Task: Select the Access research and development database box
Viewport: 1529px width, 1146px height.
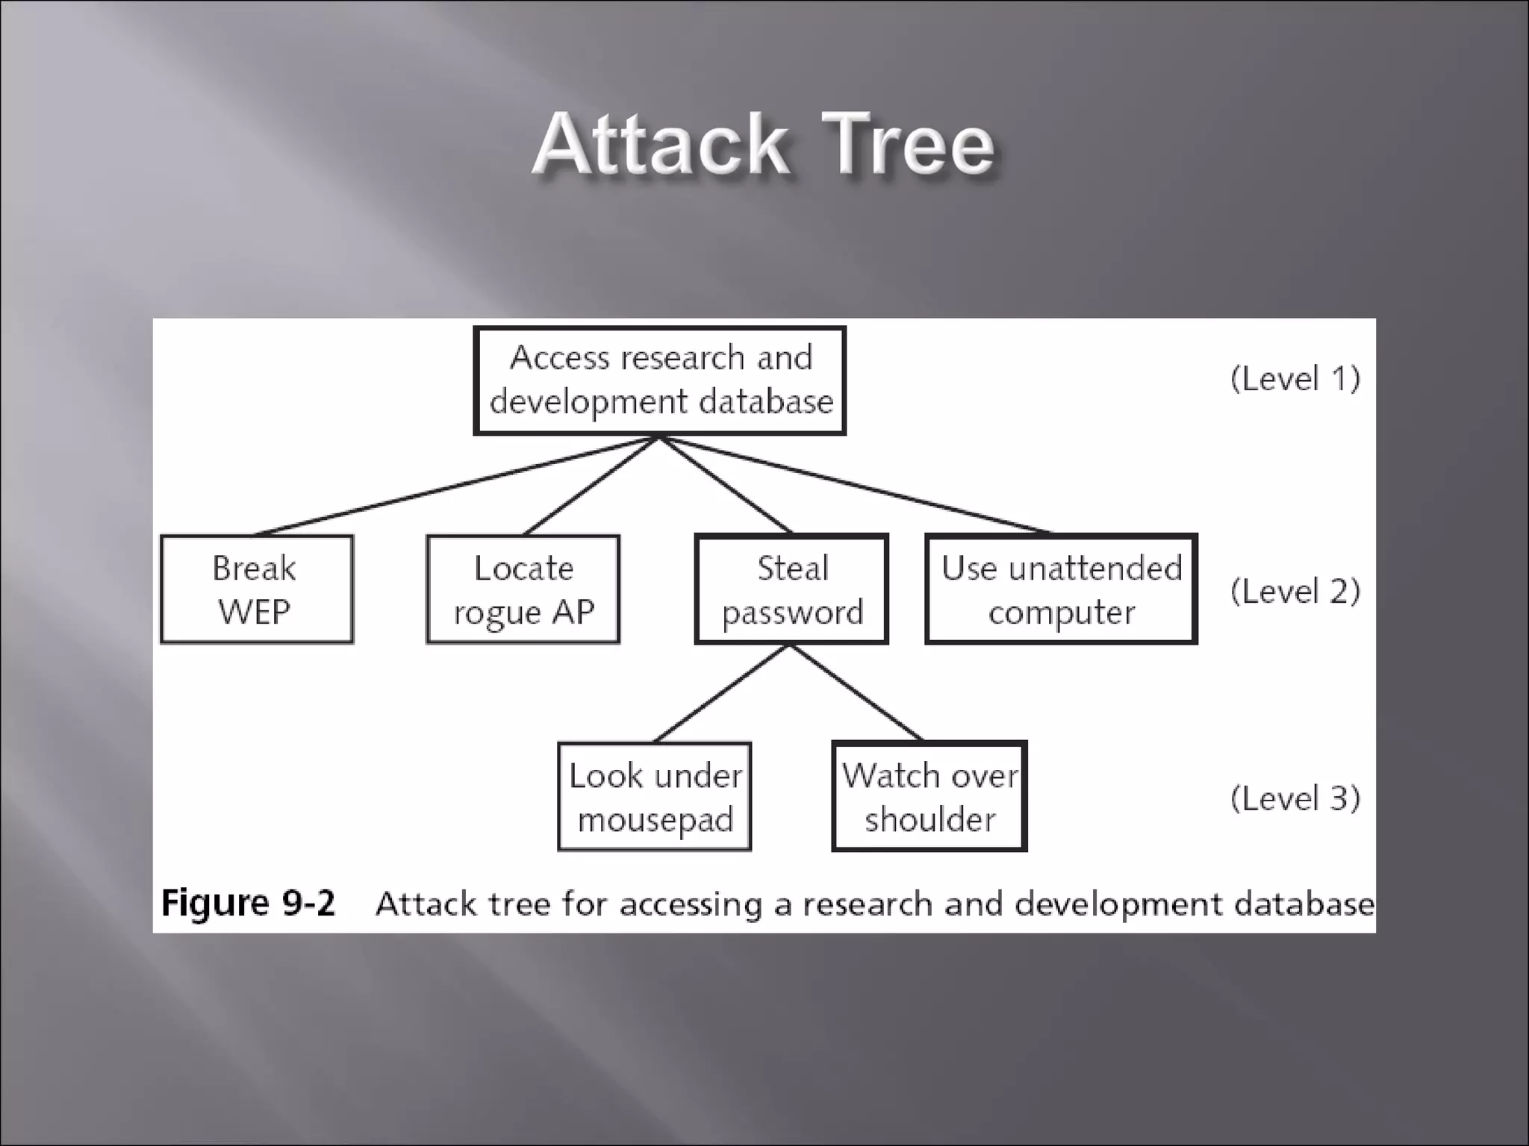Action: tap(660, 381)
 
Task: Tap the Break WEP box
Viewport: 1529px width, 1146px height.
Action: tap(256, 589)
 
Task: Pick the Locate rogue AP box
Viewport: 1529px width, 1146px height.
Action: tap(523, 589)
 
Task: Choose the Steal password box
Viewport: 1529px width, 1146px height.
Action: tap(791, 589)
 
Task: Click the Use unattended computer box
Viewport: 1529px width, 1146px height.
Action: tap(1061, 589)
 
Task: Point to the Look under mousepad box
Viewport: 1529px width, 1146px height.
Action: tap(655, 797)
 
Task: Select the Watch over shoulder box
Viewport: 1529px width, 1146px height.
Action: tap(929, 797)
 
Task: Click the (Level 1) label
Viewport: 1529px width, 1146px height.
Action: tap(1295, 379)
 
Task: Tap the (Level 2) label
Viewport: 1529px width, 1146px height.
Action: tap(1295, 592)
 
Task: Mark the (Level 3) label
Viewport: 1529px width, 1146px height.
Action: tap(1295, 798)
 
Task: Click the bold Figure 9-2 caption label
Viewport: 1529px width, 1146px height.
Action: tap(248, 904)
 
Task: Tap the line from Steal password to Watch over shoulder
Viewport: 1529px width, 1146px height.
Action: tap(857, 694)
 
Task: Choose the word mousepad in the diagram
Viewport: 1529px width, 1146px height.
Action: tap(655, 820)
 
